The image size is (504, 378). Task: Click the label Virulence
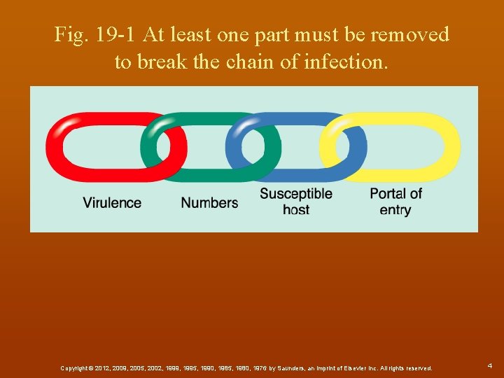(x=112, y=203)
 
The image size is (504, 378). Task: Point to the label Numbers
(x=209, y=203)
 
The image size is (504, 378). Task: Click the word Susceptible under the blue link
(x=296, y=193)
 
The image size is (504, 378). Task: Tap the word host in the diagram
(x=296, y=209)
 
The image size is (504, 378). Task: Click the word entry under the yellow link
(x=395, y=209)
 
